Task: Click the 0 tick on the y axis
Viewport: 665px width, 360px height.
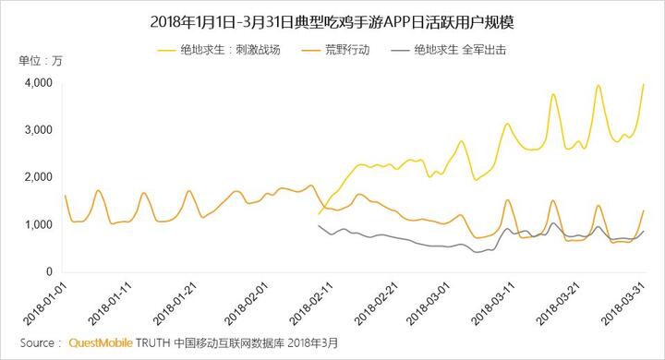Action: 48,271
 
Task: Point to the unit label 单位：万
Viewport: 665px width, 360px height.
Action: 41,62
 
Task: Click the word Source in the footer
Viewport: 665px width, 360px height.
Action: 36,343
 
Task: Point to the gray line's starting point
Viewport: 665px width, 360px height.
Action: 318,225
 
